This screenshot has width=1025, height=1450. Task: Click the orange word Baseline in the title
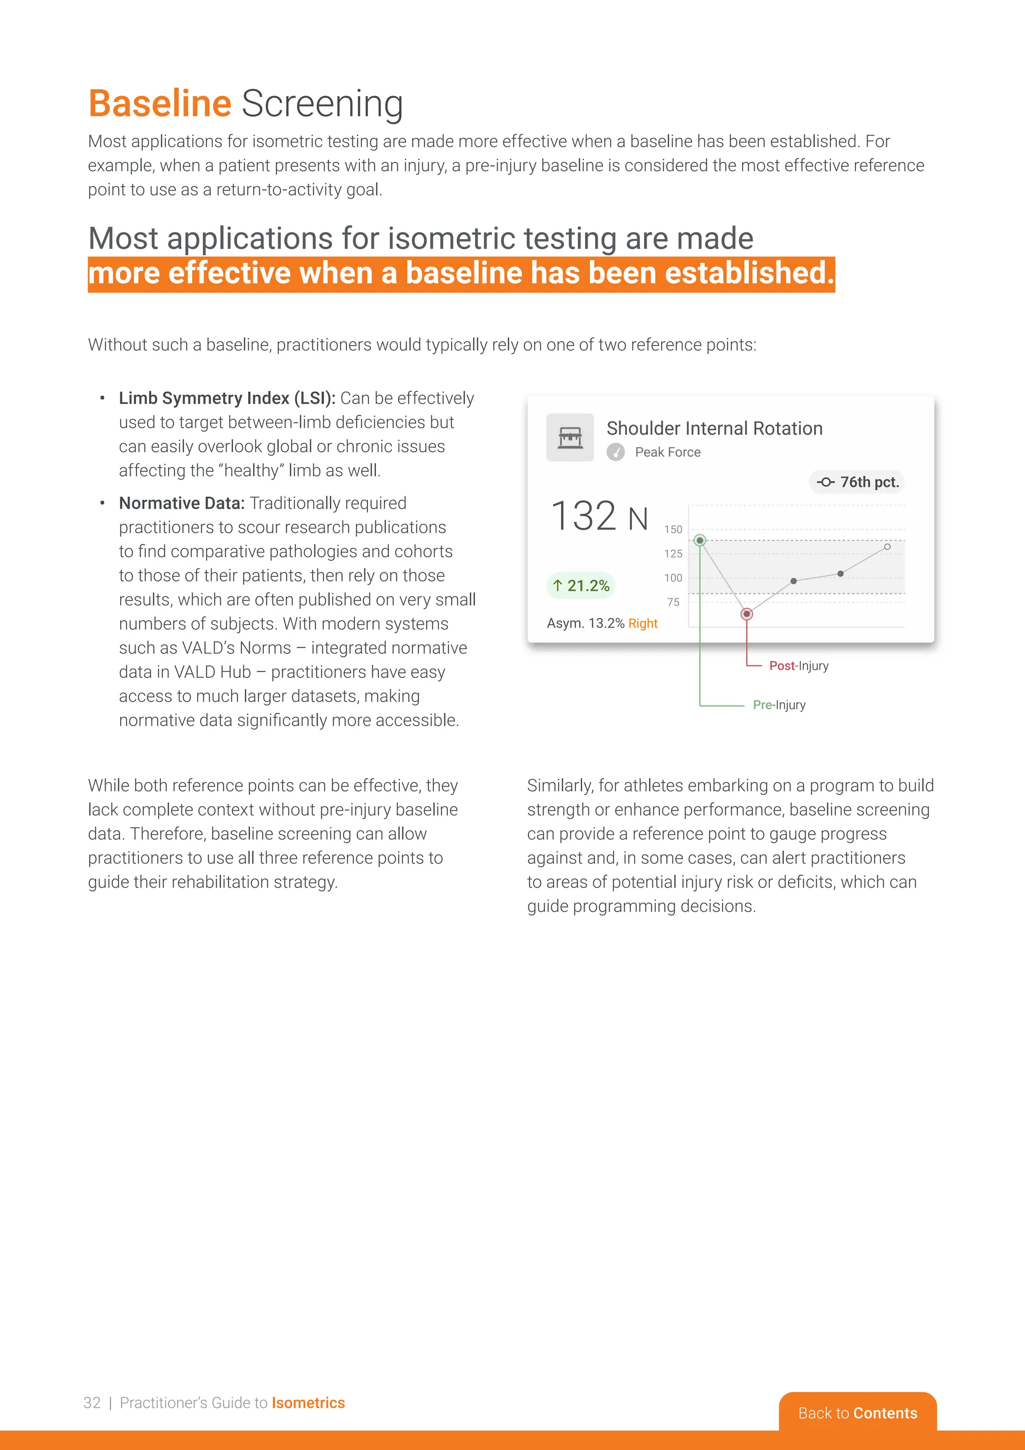160,104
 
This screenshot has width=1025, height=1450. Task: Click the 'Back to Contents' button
857,1413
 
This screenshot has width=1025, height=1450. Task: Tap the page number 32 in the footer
92,1402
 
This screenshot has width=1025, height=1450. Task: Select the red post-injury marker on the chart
747,614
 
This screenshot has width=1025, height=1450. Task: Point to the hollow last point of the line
887,547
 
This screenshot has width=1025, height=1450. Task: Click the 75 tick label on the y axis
674,602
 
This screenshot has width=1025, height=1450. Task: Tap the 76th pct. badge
857,482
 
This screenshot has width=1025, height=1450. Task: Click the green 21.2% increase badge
581,585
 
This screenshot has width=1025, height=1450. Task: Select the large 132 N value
599,516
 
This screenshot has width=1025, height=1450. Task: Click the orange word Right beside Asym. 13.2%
643,623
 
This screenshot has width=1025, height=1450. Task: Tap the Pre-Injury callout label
779,705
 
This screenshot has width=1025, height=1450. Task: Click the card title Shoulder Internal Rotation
715,428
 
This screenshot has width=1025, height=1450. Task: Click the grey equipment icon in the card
570,437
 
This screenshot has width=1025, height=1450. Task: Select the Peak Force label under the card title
667,452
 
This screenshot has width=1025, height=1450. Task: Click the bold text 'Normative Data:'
182,503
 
